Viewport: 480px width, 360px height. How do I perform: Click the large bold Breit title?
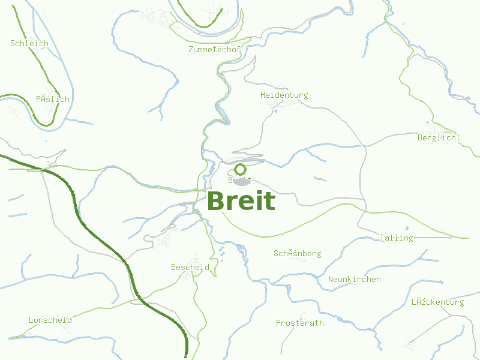(241, 202)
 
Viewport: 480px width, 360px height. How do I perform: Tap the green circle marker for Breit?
(240, 169)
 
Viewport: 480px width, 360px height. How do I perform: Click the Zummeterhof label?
(214, 49)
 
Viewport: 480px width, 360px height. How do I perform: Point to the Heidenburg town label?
(284, 95)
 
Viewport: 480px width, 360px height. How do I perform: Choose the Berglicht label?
(439, 137)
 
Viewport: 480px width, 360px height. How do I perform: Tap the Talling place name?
(396, 238)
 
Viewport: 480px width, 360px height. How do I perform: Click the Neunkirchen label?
(354, 279)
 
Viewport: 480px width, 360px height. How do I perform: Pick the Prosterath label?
(299, 323)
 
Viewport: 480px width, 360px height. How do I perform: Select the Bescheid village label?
(190, 267)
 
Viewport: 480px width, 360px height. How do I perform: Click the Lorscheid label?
(50, 320)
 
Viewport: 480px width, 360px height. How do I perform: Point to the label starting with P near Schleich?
(52, 99)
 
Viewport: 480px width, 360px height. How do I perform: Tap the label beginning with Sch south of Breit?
(297, 253)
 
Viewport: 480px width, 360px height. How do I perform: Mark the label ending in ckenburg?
(437, 302)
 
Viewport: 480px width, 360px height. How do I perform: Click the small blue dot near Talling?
(406, 228)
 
